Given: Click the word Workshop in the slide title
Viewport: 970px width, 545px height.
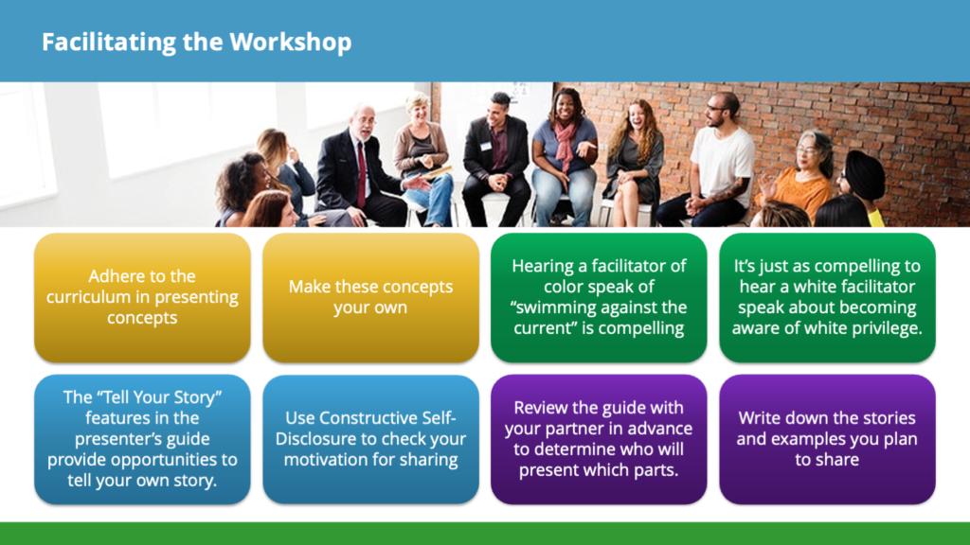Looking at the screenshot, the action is click(290, 43).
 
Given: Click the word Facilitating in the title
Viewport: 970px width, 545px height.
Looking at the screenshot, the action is click(109, 43).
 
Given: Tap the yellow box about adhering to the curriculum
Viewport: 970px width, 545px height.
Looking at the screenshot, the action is click(142, 297).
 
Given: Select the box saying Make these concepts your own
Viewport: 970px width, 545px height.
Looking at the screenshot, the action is click(370, 297).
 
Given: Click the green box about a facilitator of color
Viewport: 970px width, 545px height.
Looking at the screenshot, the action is click(599, 297).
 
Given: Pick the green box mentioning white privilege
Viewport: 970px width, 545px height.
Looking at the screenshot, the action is click(827, 297).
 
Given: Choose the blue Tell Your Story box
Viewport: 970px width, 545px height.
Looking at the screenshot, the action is click(142, 439).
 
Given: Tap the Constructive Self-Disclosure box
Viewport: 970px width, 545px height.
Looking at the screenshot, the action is click(370, 439).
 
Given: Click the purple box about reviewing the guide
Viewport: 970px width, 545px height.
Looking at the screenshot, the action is click(599, 439).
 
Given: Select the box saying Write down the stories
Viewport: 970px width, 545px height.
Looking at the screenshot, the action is click(827, 439).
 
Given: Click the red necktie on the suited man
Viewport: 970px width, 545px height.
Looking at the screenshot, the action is click(361, 174).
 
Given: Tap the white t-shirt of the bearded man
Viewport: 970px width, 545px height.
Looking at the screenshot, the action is click(722, 164).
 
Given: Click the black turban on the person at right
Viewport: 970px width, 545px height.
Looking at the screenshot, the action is click(864, 173).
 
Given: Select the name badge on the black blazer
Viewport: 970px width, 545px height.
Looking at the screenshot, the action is click(486, 147).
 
